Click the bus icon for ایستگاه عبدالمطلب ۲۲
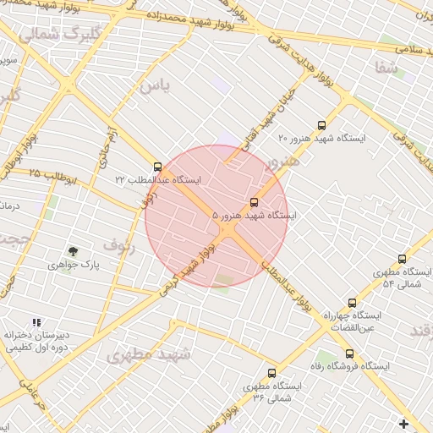click(x=157, y=167)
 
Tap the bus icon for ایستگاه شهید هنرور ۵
click(x=255, y=202)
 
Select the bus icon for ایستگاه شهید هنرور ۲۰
click(x=321, y=123)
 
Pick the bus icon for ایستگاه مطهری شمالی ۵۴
click(x=402, y=259)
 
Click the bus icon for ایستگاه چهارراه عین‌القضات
click(x=353, y=302)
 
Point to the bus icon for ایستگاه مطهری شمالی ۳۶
click(x=271, y=372)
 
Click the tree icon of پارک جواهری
click(x=73, y=251)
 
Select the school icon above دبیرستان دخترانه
click(x=36, y=322)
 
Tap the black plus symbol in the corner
click(x=403, y=424)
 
